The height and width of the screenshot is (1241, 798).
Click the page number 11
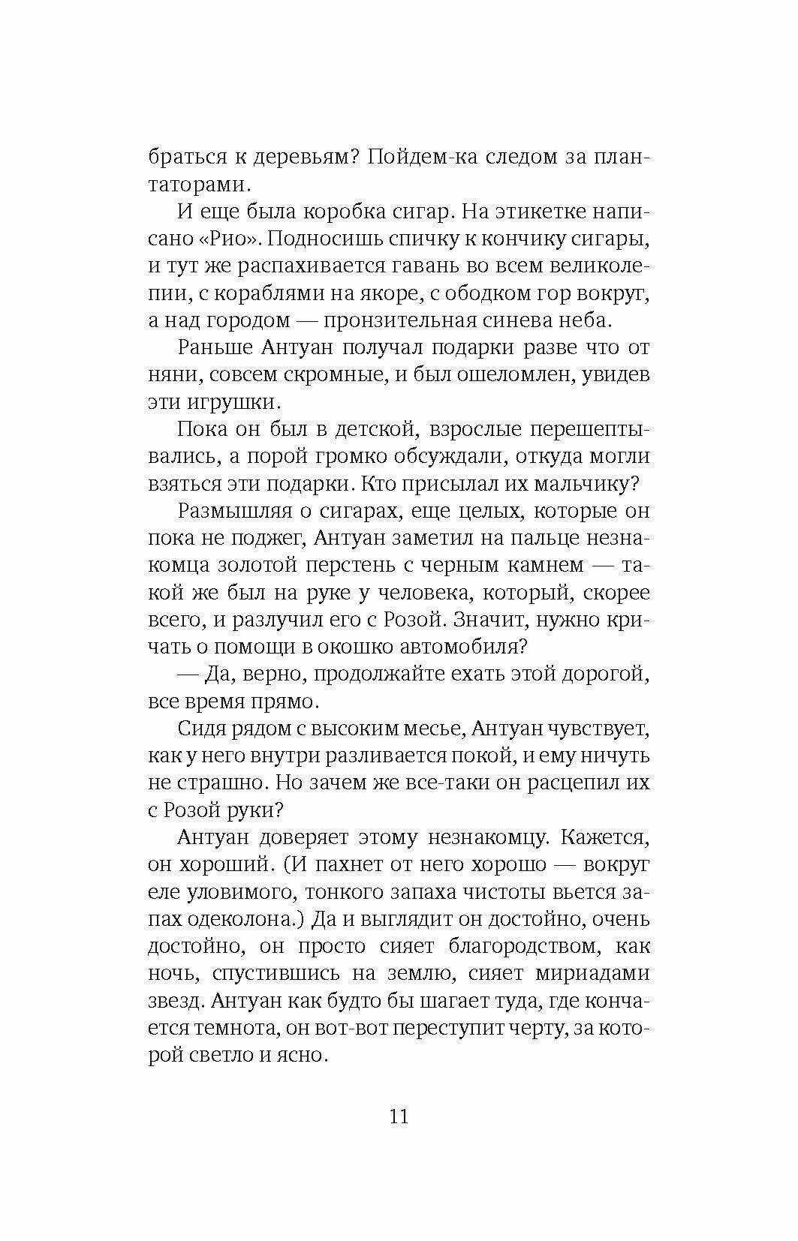tap(399, 1116)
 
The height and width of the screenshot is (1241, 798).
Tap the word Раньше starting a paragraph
tap(218, 347)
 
